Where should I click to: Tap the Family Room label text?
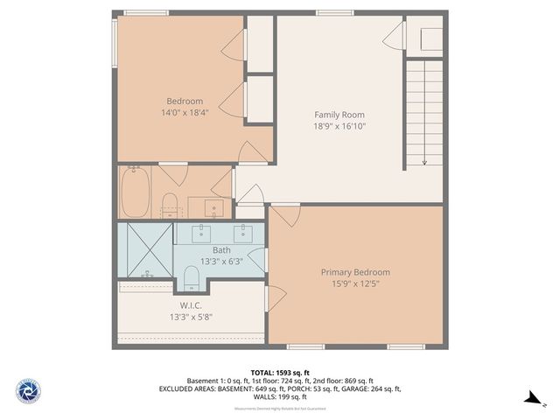(x=339, y=115)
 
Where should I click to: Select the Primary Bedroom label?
(x=355, y=272)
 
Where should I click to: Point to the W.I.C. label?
(x=191, y=305)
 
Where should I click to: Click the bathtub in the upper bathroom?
(x=135, y=193)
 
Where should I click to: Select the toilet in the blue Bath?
(x=192, y=279)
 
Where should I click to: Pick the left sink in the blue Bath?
(x=202, y=233)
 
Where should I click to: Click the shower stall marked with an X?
(x=144, y=249)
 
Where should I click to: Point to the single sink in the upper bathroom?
(x=213, y=208)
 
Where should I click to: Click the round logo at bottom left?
(x=28, y=390)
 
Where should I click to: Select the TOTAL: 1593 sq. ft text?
(x=279, y=372)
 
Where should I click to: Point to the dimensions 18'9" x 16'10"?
(x=339, y=126)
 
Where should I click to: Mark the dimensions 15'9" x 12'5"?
(x=355, y=283)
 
